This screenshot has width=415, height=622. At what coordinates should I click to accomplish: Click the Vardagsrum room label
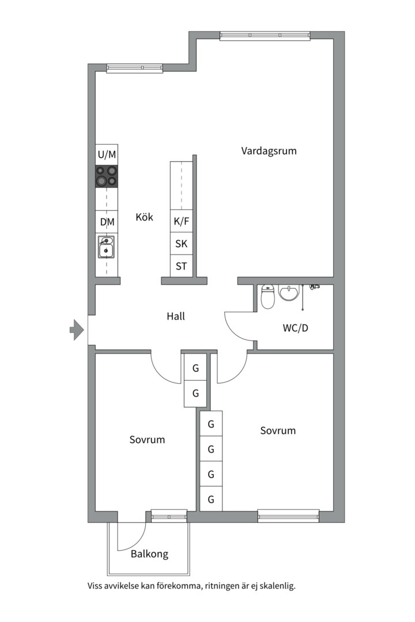click(269, 151)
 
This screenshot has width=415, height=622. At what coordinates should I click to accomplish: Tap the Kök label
click(144, 217)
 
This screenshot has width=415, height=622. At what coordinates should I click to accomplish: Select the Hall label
click(176, 316)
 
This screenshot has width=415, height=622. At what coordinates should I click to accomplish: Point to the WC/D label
click(295, 328)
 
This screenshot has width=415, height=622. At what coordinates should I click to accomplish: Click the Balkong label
click(149, 554)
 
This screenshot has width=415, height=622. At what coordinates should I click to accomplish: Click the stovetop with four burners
click(107, 176)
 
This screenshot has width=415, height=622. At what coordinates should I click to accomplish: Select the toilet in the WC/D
click(267, 297)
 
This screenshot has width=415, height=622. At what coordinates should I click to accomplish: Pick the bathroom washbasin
click(289, 293)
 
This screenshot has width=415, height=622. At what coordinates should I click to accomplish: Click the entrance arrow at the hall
click(76, 330)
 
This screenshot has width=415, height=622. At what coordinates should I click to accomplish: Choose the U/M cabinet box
click(107, 154)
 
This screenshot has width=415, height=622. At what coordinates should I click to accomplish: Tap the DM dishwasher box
click(107, 222)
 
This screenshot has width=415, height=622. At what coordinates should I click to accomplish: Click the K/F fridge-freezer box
click(182, 221)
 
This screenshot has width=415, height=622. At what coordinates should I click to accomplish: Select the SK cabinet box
click(182, 244)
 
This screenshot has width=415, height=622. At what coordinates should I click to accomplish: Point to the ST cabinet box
click(182, 266)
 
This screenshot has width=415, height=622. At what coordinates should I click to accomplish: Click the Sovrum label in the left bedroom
click(147, 439)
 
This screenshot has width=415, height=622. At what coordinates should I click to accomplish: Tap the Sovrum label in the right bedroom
click(278, 430)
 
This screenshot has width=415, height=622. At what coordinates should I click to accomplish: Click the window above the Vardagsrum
click(265, 35)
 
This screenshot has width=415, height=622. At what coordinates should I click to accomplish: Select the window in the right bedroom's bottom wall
click(288, 515)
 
